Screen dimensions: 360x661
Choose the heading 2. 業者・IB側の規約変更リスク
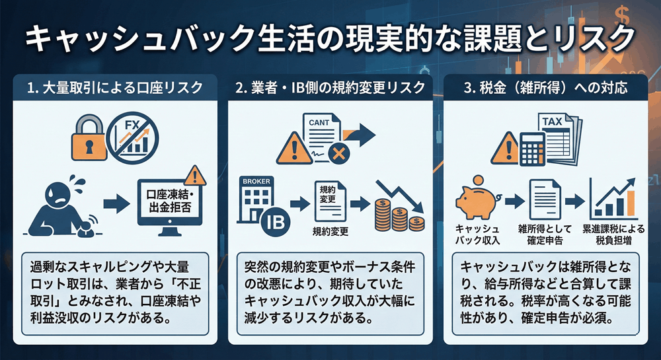pyautogui.click(x=330, y=87)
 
